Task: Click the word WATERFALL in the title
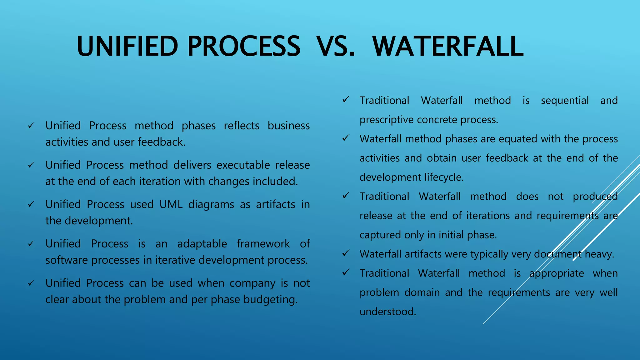448,46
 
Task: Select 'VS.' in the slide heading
336,46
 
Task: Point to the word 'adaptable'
202,244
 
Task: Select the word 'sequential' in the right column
565,101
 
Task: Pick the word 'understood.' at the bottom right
388,312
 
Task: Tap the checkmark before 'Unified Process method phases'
31,126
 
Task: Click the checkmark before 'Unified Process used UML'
31,205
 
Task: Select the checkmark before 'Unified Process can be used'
31,283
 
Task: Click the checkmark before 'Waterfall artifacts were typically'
346,253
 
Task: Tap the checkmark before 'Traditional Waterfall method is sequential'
346,100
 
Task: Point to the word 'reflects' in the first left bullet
242,126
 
